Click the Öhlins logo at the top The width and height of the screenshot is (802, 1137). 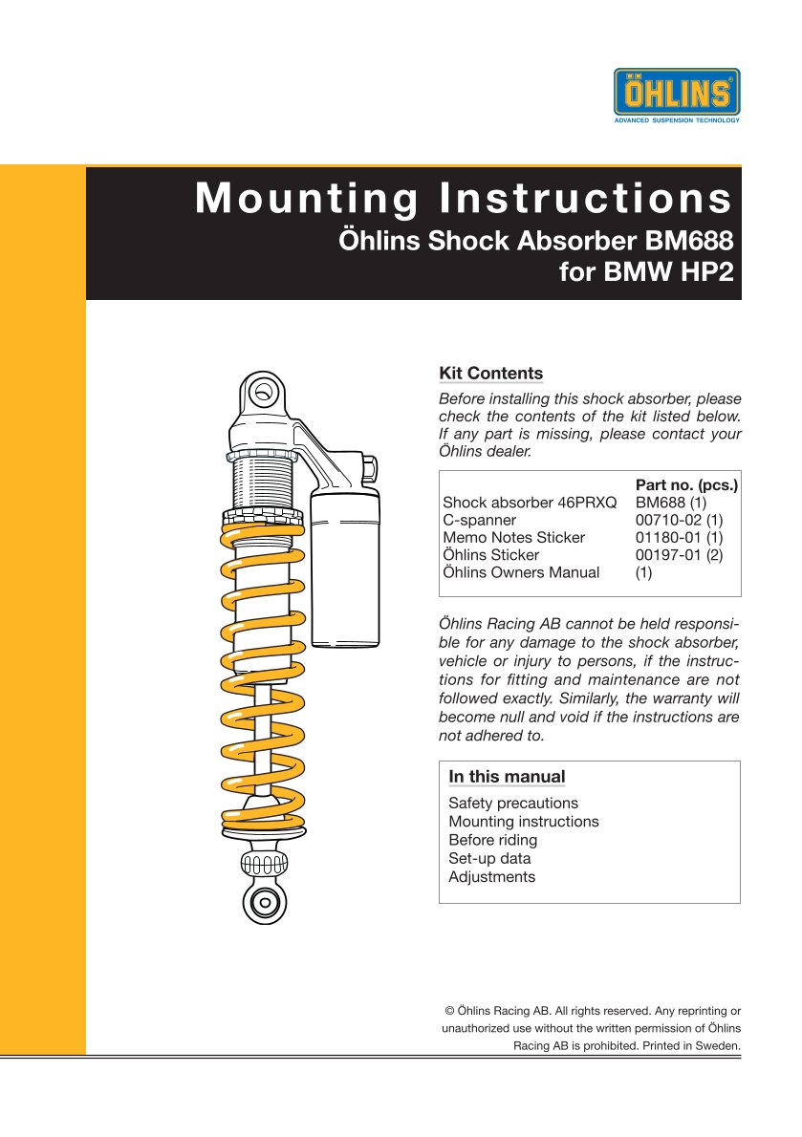pos(677,95)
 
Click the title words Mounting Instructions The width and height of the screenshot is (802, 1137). pos(464,199)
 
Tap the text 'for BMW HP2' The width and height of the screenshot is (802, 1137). pos(645,273)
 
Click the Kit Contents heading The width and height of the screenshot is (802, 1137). pos(490,374)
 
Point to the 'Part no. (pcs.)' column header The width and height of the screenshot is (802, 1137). pos(687,484)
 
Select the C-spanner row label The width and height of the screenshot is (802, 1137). pos(480,520)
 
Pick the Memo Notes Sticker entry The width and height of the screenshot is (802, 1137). pos(514,538)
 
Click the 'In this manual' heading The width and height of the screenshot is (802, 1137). pos(507,777)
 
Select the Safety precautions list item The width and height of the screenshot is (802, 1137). pos(513,804)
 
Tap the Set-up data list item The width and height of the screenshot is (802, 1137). pos(489,858)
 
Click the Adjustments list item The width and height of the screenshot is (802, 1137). pos(492,877)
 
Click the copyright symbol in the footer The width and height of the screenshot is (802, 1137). pos(450,1010)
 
